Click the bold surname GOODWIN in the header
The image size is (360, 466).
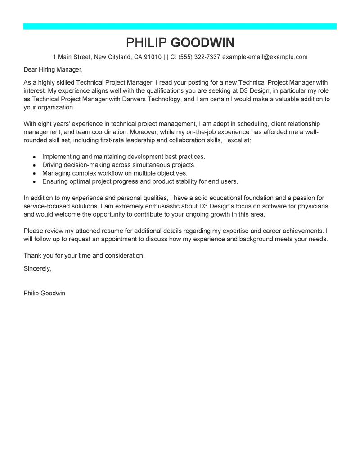point(203,43)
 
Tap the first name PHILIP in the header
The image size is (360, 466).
point(147,43)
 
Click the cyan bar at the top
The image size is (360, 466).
point(180,27)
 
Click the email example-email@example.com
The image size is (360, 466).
point(265,57)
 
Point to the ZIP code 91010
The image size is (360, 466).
point(153,57)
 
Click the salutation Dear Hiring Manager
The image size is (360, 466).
point(53,70)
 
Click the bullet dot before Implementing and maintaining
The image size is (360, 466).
point(34,157)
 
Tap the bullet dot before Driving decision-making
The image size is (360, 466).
point(34,165)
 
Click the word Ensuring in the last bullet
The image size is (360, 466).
point(55,181)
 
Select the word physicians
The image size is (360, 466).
point(312,206)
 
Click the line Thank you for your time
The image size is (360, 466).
point(84,255)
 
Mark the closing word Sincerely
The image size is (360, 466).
point(37,268)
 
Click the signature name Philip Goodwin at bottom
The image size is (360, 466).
point(44,293)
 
